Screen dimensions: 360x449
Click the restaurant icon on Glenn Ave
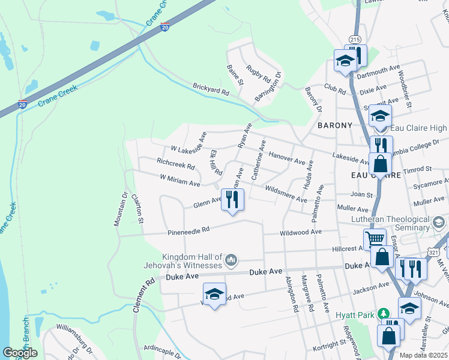click(232, 199)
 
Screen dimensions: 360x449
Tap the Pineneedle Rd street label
click(188, 230)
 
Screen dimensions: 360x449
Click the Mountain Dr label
click(118, 209)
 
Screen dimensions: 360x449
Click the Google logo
click(20, 353)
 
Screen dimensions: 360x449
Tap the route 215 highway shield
click(355, 39)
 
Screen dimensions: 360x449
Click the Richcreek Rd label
click(175, 163)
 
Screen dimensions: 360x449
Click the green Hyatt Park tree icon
click(388, 313)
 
